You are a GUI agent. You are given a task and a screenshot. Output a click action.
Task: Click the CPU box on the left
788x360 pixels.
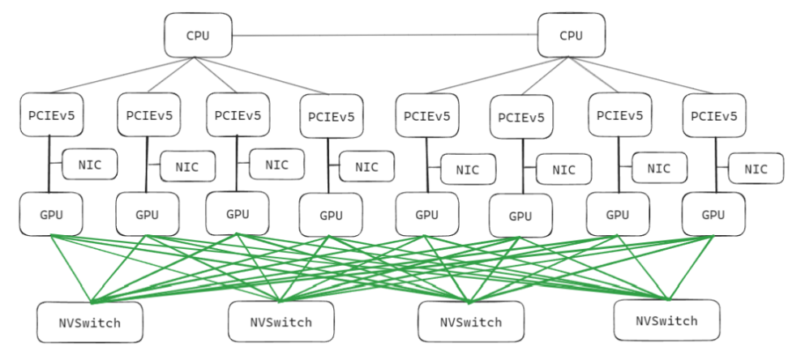coord(198,35)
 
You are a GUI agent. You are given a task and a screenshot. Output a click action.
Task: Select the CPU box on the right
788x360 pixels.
coord(572,35)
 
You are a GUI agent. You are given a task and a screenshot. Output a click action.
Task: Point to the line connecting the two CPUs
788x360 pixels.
coord(385,35)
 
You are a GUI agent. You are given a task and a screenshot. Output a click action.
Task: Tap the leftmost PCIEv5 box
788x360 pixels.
coord(51,114)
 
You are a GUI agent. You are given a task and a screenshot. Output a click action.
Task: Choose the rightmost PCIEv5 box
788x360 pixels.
coord(713,115)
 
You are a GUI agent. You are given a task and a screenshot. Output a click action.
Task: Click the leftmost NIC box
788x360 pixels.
coord(90,165)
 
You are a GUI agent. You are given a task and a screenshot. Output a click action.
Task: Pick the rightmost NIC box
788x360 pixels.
coord(756,169)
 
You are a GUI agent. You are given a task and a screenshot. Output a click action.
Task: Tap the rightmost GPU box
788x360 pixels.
coord(713,215)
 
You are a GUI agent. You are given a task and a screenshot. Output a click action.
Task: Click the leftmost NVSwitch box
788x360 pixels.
coord(89,322)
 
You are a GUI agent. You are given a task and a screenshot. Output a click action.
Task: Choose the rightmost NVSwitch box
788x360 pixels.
coord(666,319)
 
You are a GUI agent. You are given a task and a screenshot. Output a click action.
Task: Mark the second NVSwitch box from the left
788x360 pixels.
coord(281,322)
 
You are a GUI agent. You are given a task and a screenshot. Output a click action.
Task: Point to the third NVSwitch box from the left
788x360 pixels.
coord(471,321)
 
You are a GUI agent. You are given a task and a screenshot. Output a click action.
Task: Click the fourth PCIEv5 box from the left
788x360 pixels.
coord(331,116)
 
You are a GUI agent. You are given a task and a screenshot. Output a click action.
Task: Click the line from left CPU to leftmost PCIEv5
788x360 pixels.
coord(122,77)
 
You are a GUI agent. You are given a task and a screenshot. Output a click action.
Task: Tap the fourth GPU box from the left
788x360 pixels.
coord(331,215)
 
